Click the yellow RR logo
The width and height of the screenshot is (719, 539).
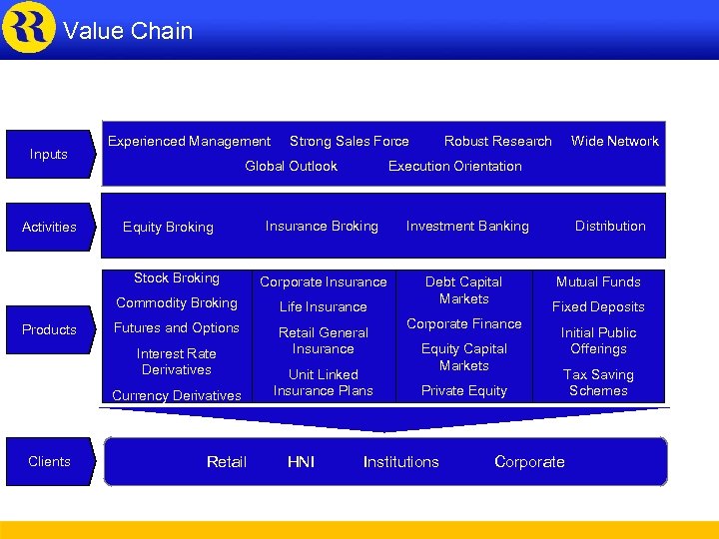(29, 27)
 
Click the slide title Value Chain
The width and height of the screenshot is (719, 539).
(128, 31)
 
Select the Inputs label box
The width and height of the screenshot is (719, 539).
(49, 154)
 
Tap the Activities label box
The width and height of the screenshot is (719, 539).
(49, 227)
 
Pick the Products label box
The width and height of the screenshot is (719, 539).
(49, 329)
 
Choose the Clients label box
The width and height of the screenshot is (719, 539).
(49, 461)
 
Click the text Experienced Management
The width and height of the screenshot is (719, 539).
(189, 142)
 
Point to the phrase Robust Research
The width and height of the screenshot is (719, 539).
(497, 142)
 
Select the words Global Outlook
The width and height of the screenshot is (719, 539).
(291, 166)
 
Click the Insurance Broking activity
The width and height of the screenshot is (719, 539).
(322, 227)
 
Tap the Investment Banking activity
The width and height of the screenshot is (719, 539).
(467, 227)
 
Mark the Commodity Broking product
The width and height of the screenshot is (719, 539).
(177, 302)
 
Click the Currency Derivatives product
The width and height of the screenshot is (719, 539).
(177, 395)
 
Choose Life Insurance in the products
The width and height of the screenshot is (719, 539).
(323, 306)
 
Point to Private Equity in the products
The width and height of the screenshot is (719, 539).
(463, 390)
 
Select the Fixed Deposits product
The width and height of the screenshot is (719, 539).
(598, 306)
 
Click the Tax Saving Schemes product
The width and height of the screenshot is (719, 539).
(598, 382)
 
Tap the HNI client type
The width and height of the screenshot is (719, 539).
(301, 461)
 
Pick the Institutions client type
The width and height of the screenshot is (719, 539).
(400, 461)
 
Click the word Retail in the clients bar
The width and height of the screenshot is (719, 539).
(227, 461)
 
